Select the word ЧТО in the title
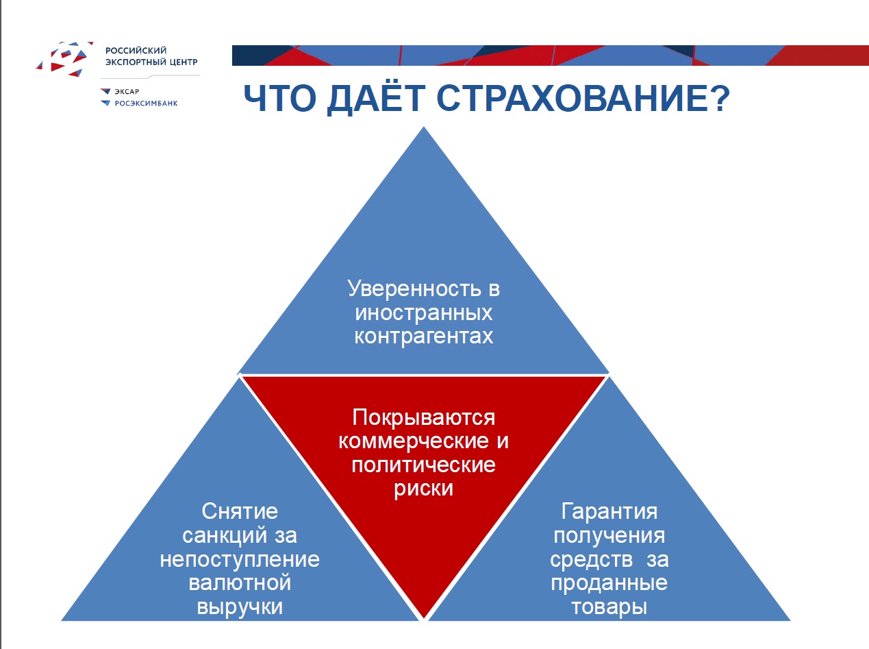(280, 98)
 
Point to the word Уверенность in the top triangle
(414, 288)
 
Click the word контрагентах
(424, 336)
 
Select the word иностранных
(424, 313)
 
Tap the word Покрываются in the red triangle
(424, 418)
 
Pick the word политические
(424, 465)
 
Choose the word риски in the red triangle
(424, 489)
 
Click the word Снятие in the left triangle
(240, 511)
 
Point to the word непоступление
(240, 559)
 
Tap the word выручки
(240, 607)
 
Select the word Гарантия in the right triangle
(609, 511)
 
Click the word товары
(609, 607)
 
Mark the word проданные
(609, 583)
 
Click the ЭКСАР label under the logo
(127, 92)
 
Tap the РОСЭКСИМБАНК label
(146, 103)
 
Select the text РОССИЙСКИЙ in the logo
(136, 50)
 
